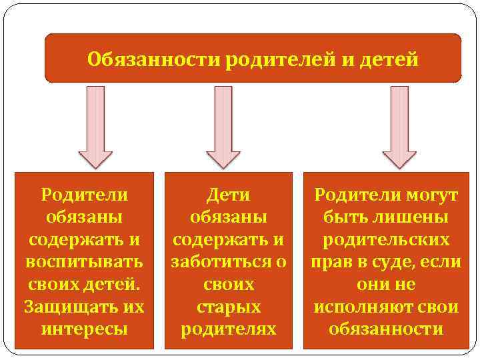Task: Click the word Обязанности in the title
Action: pos(154,60)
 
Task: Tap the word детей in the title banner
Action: pos(389,60)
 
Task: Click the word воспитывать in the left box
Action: pos(84,262)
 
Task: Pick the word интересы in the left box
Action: pos(84,329)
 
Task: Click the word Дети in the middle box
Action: pos(229,195)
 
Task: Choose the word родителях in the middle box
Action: pos(229,329)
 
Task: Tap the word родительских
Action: pos(387,240)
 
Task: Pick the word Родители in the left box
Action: pos(84,195)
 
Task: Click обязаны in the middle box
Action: pos(229,217)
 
